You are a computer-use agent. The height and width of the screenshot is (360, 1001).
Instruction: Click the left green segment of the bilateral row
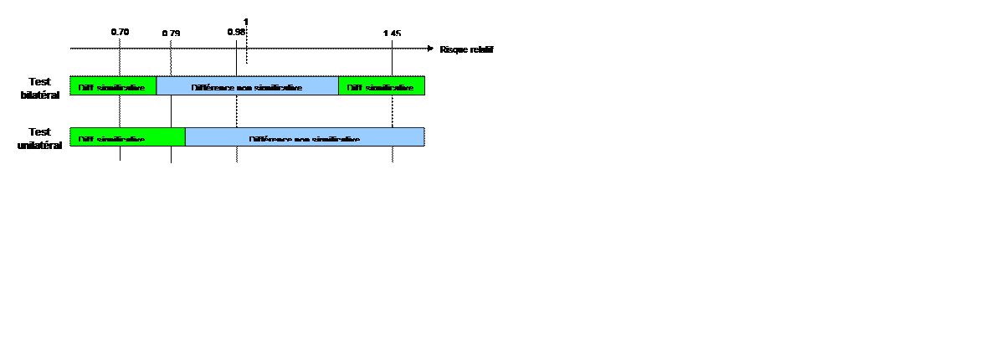[113, 86]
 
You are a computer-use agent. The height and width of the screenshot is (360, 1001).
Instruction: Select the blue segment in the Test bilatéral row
[247, 86]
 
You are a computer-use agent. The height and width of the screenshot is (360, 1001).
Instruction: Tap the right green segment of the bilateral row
[381, 86]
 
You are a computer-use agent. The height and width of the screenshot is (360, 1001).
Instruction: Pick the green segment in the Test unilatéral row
[127, 136]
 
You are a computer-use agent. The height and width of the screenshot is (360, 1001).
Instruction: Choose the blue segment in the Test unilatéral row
[305, 136]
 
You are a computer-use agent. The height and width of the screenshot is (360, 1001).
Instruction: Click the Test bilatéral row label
[40, 88]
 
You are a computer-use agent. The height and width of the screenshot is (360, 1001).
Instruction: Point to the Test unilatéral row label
[40, 138]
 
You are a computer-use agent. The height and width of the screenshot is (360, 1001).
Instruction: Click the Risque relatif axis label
[467, 49]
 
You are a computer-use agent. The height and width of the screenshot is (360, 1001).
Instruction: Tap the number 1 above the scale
[246, 21]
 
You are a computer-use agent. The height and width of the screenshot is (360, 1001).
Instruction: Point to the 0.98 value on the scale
[236, 33]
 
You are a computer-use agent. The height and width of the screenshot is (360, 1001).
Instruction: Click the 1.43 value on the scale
[392, 33]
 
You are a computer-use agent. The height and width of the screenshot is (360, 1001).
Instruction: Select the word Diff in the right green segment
[353, 88]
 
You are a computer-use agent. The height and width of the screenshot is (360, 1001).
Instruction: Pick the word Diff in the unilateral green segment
[85, 139]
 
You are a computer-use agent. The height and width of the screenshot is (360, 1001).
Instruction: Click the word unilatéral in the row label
[40, 145]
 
